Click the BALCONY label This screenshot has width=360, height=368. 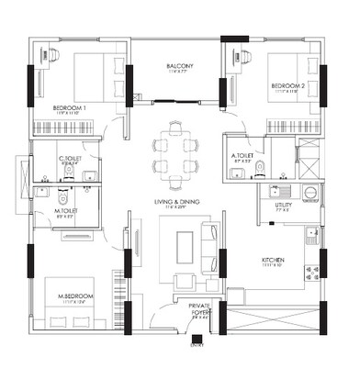[178, 66]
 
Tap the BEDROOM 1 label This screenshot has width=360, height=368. [70, 107]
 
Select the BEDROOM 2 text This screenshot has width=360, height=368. [287, 86]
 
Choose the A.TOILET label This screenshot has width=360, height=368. [242, 156]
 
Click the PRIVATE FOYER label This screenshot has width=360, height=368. [200, 308]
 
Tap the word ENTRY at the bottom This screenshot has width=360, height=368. [196, 346]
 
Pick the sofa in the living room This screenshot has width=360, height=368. [212, 248]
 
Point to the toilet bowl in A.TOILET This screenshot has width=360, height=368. [260, 167]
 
